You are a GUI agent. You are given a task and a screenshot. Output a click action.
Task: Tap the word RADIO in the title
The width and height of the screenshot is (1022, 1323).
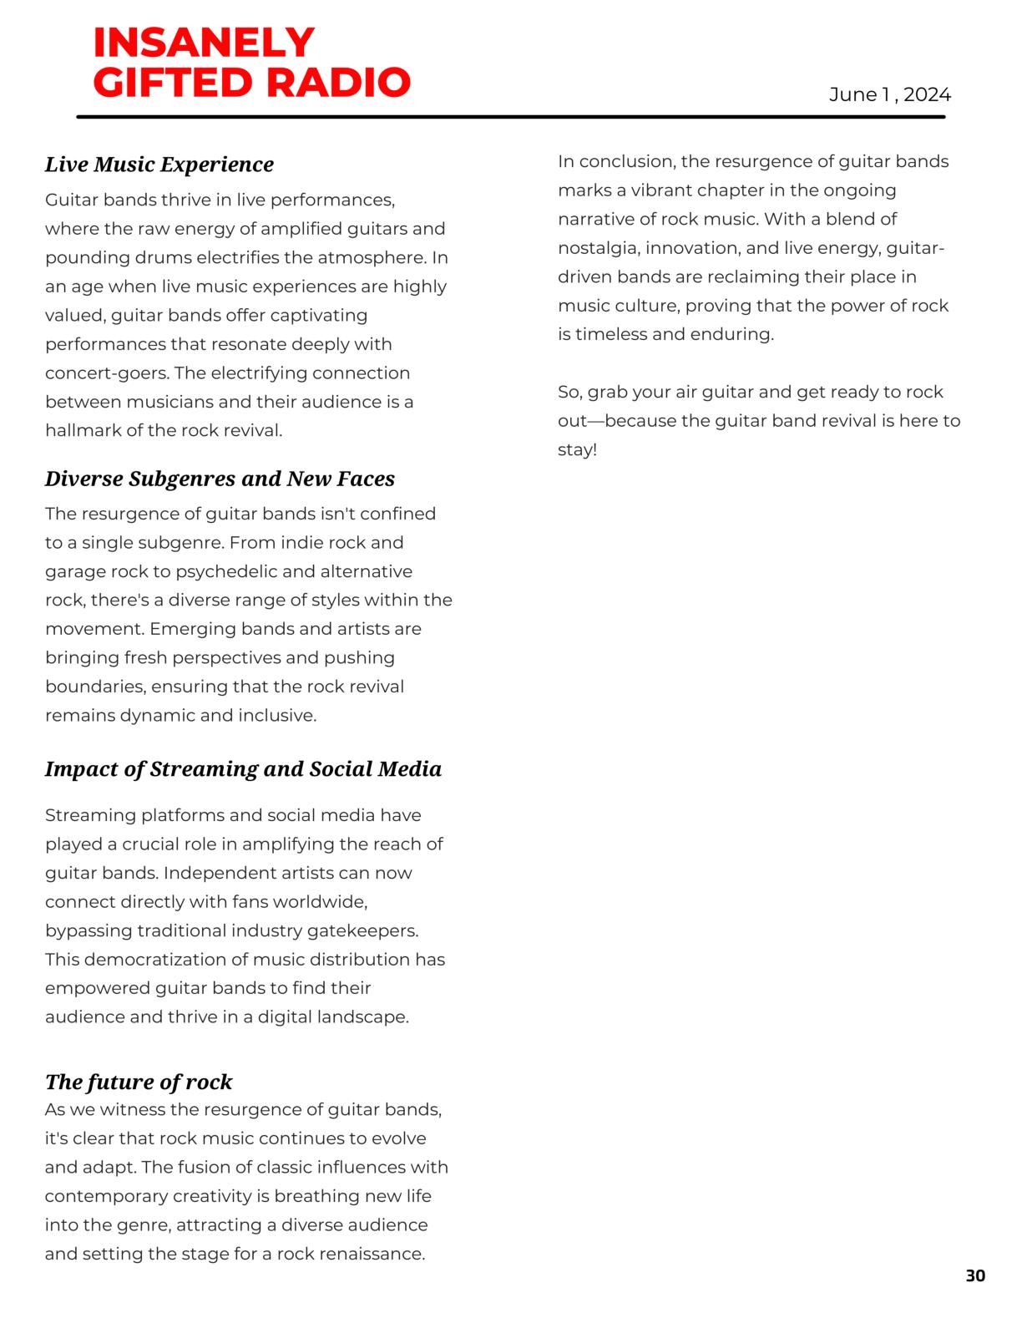[x=338, y=83]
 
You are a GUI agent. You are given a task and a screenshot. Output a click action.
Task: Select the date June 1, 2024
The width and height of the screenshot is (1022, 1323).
[x=889, y=95]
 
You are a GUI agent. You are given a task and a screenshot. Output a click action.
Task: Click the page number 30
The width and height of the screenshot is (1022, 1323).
[x=975, y=1276]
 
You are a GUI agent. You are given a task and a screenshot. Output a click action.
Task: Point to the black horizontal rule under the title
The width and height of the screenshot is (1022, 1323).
[x=511, y=117]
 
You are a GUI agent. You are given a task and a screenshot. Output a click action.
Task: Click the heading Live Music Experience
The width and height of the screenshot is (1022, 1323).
[x=159, y=165]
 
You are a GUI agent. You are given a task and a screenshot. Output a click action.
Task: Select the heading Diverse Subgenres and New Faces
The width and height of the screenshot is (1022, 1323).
[x=220, y=479]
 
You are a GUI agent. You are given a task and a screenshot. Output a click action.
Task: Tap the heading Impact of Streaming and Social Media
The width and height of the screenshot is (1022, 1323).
[x=243, y=769]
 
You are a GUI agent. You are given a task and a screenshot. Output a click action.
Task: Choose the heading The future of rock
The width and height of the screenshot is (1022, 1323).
[x=139, y=1082]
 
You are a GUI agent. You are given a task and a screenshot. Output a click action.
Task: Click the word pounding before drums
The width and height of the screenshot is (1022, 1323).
[x=82, y=258]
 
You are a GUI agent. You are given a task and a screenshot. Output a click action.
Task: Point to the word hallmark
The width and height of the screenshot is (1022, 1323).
[x=82, y=431]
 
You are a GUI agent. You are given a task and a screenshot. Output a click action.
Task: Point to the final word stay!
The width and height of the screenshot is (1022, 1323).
[x=578, y=450]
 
